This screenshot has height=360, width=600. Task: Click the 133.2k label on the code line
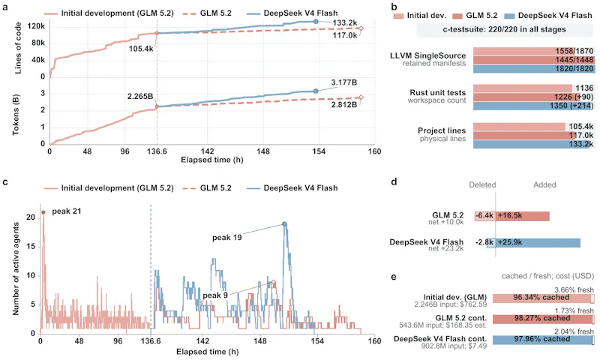coord(345,23)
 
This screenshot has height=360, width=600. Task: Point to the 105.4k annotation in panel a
coord(141,49)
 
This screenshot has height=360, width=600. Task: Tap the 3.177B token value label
coord(344,82)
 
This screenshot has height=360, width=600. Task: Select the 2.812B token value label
coord(344,104)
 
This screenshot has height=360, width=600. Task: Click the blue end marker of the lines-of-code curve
coord(316,22)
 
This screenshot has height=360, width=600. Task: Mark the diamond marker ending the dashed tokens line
coord(361,97)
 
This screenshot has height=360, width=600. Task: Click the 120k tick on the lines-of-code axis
coord(36,26)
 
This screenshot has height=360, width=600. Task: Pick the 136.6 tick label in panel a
coord(157,151)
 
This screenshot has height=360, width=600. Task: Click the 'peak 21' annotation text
coord(67,211)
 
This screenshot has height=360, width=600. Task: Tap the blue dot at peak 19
coord(284,223)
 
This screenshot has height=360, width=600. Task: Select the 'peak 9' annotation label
coord(215,295)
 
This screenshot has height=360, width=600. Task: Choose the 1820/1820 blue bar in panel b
coord(533,69)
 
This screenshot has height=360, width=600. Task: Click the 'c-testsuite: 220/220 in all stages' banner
coord(504,29)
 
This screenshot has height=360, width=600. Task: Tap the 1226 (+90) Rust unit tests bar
coord(533,97)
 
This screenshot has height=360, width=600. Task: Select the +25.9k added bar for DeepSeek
coord(538,242)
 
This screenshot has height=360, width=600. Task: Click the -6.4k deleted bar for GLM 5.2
coord(484,216)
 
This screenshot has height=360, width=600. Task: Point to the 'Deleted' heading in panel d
coord(482,184)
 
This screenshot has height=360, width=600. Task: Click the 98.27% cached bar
coord(542,319)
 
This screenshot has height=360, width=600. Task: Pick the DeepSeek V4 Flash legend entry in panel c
coord(292,188)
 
